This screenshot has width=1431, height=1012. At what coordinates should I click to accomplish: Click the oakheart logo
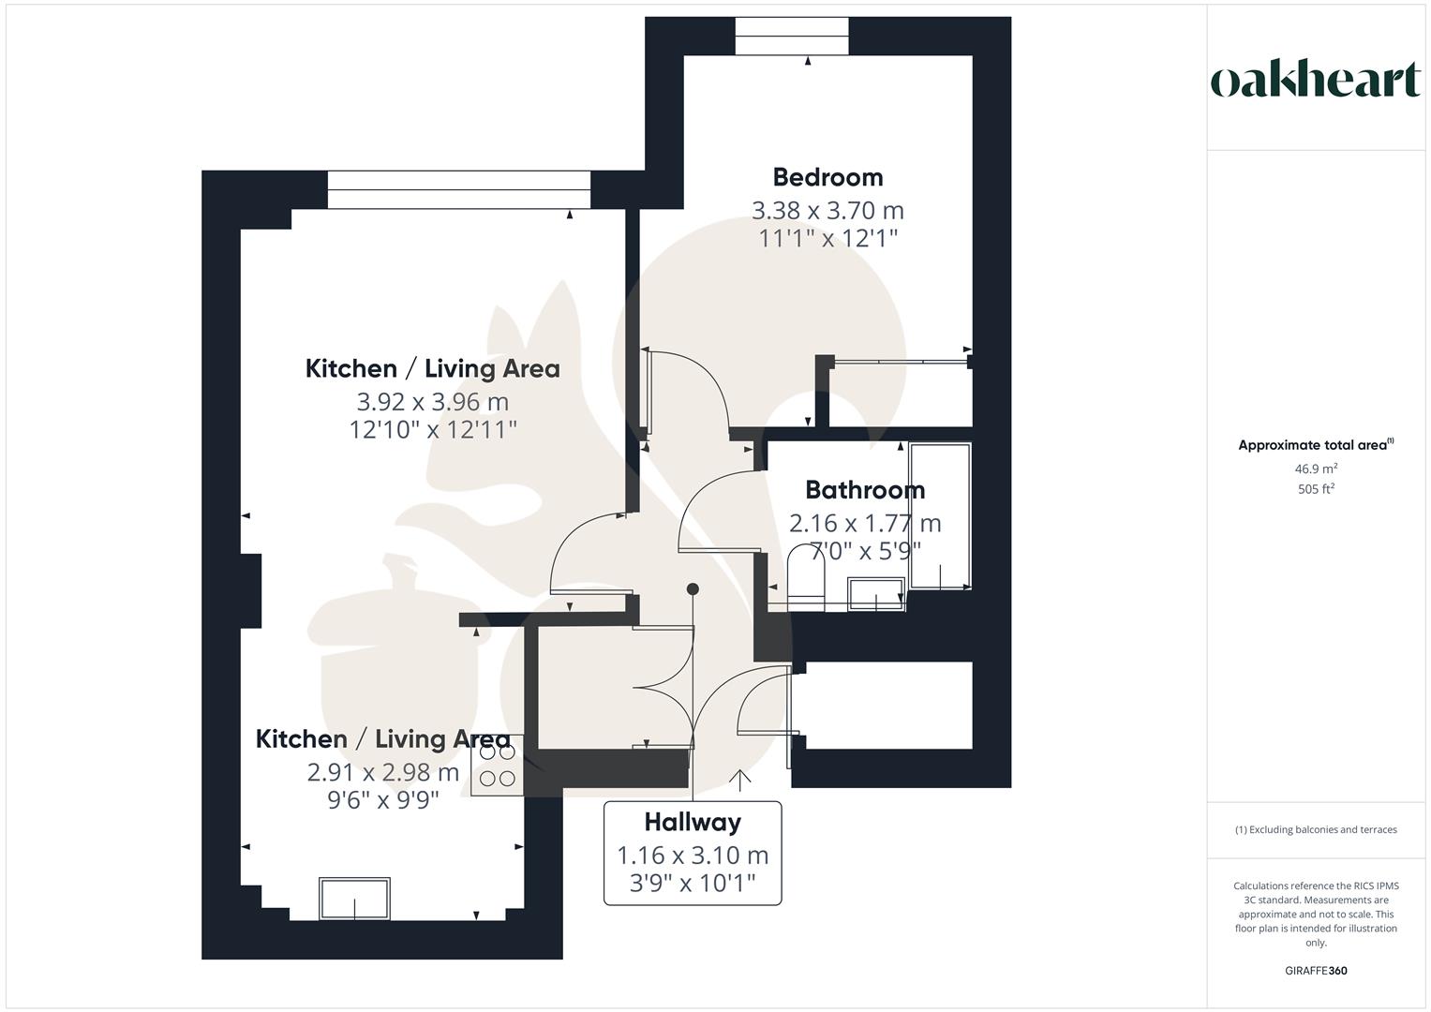point(1316,81)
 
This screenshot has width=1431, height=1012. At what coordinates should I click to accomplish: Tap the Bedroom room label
point(827,177)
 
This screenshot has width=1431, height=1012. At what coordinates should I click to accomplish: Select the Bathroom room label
point(865,490)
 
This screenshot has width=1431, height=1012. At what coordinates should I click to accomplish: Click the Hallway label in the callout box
point(693,823)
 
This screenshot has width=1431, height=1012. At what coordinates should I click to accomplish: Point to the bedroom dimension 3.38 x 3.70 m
point(827,210)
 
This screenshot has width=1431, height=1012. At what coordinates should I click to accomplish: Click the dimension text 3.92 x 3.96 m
point(432,402)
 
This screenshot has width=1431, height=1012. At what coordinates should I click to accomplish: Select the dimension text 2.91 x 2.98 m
point(382,772)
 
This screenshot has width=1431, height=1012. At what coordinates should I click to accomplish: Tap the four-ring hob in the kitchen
point(497,765)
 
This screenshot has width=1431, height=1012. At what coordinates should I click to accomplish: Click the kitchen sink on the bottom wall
point(354,899)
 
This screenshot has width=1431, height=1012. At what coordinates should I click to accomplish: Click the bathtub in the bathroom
point(939,515)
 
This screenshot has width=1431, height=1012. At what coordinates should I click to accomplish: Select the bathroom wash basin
point(876,594)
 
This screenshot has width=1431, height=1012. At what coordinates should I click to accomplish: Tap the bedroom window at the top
point(792,37)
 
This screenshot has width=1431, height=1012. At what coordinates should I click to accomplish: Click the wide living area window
point(459,190)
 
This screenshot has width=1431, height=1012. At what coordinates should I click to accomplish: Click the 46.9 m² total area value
point(1316,469)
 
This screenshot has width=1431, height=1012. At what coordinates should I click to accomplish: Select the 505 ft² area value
point(1316,489)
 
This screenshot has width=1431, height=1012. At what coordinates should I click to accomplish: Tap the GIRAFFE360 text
point(1316,971)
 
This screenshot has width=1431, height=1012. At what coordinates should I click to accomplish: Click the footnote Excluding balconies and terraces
point(1316,829)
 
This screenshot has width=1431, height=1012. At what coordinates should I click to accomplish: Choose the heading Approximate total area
point(1314,445)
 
